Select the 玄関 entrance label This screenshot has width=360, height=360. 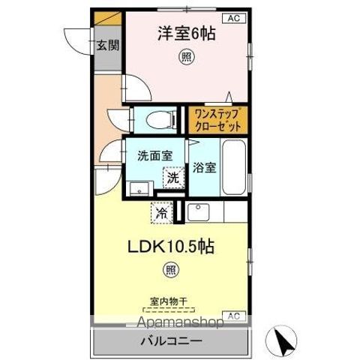107,45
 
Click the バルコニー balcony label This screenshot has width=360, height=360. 169,341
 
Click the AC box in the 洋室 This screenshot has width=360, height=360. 232,17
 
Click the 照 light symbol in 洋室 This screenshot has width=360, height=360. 183,56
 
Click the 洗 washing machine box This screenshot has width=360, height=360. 173,178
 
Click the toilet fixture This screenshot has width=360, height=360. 157,119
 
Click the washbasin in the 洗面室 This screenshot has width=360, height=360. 135,187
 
